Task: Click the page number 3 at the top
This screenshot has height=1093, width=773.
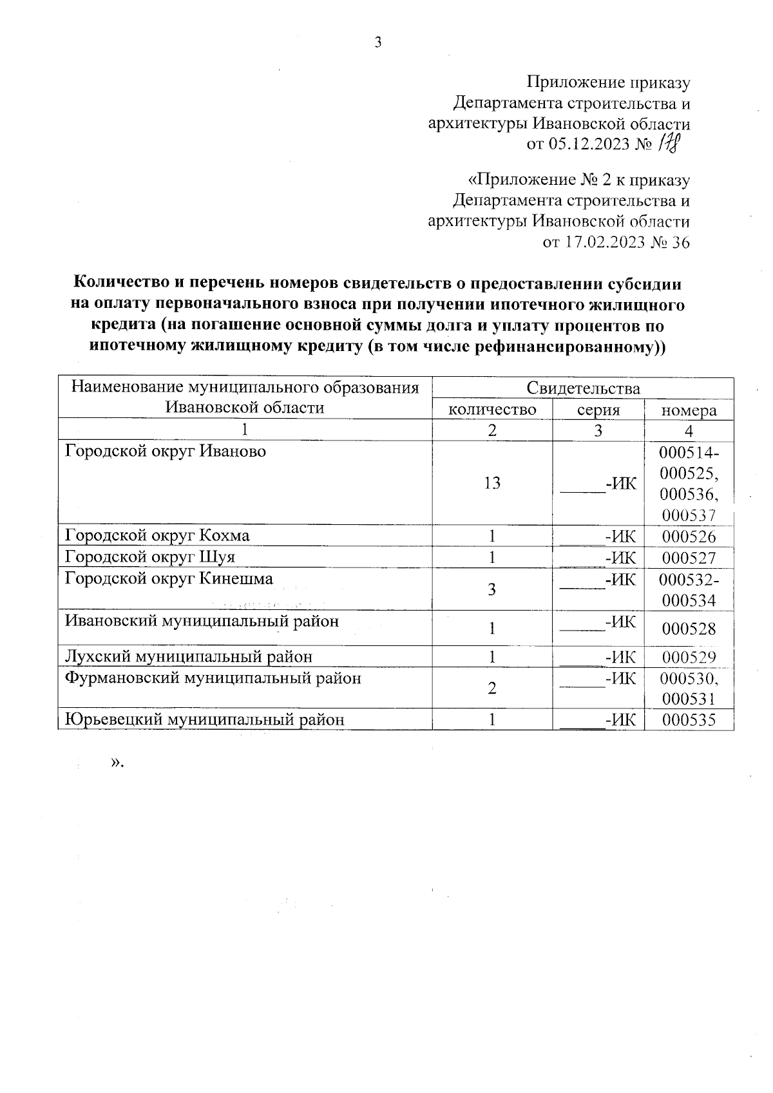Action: [378, 43]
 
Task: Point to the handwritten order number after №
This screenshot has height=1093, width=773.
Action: [669, 143]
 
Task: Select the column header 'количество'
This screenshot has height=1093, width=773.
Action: [492, 410]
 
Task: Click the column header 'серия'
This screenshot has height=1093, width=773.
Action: [598, 410]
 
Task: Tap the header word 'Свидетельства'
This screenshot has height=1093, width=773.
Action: [583, 388]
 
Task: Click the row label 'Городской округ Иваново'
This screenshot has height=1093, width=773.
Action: [166, 451]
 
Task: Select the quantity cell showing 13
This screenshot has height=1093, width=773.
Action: [492, 483]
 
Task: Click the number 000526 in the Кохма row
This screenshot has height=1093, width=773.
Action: [689, 537]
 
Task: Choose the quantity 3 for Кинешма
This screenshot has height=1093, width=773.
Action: [491, 589]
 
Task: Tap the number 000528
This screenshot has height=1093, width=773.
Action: [689, 629]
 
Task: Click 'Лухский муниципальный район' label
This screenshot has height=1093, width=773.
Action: [189, 656]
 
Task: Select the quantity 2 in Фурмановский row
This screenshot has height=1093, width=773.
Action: [491, 688]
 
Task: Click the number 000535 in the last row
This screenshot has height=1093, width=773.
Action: [689, 720]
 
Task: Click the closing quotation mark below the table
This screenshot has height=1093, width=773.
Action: [115, 763]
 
